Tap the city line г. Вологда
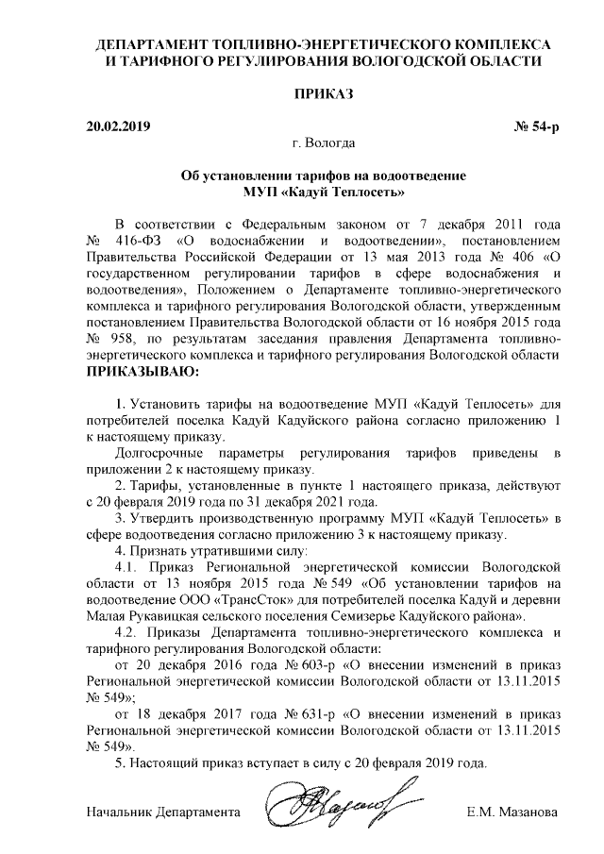[324, 144]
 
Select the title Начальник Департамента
[163, 812]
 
